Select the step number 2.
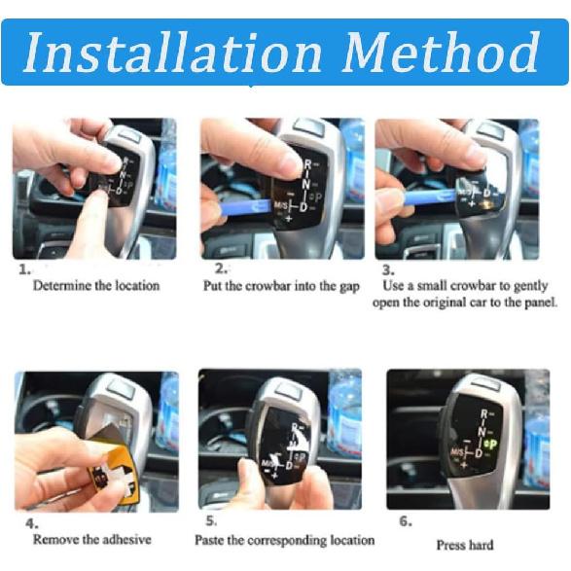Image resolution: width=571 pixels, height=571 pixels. pyautogui.click(x=221, y=268)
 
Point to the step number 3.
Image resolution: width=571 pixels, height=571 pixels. pyautogui.click(x=388, y=268)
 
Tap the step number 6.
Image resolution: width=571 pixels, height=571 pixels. pyautogui.click(x=405, y=520)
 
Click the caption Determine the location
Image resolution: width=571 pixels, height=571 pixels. pyautogui.click(x=95, y=286)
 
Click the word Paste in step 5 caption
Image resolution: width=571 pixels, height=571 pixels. pyautogui.click(x=210, y=539)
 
